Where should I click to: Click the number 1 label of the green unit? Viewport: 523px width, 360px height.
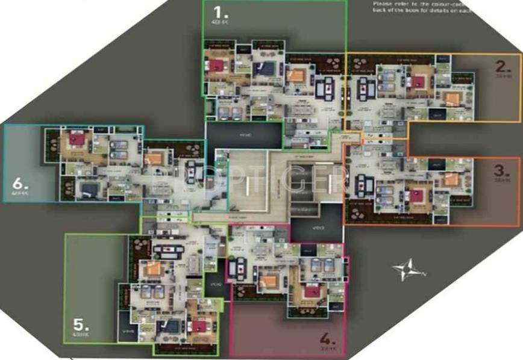coord(217,11)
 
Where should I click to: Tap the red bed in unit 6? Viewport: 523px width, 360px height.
coord(77,140)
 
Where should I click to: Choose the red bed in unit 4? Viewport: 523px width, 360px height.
coord(312,291)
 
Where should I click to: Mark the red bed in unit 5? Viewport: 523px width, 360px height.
coord(199,325)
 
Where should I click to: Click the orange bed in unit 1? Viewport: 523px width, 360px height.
coord(295,75)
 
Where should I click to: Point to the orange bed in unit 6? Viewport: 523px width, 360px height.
coord(154,158)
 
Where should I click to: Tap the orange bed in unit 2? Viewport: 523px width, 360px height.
coord(451,98)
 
